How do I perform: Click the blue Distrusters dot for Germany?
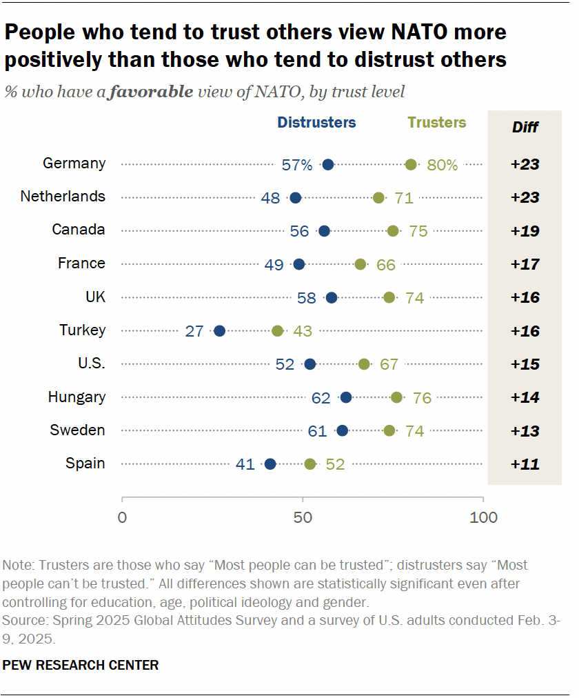coord(328,164)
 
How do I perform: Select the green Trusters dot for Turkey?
coord(278,331)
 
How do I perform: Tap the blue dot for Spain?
coord(270,464)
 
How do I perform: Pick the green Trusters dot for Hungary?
coord(396,397)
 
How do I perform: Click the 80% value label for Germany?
coord(442,164)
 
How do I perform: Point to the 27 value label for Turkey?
coord(194,331)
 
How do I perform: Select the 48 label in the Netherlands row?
coord(270,198)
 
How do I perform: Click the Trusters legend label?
coord(436,123)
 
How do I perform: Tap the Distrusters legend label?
coord(316,123)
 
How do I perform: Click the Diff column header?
coord(525,127)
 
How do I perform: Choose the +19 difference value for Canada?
coord(525,231)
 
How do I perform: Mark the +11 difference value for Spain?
coord(525,464)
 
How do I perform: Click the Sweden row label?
coord(77,430)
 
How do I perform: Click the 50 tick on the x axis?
coord(303,517)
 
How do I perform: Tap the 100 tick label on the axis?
coord(482,517)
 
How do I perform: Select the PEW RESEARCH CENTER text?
coord(81,665)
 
